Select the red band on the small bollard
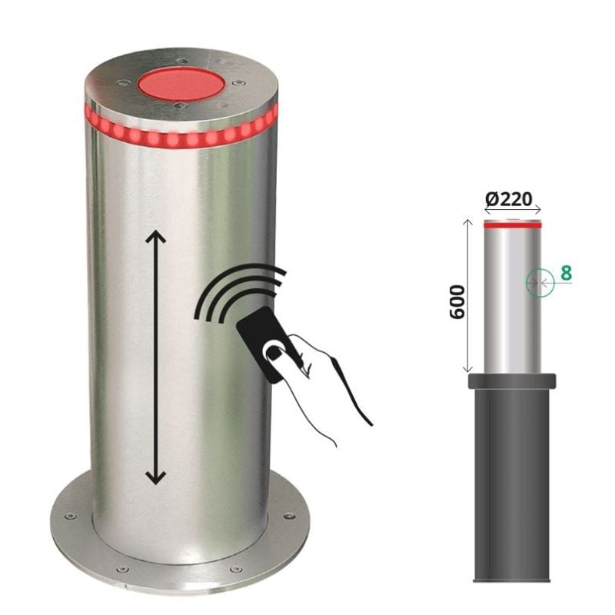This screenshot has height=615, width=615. tap(512, 226)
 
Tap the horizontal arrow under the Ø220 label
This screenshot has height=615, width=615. tap(512, 210)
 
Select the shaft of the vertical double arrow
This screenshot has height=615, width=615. tap(155, 357)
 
